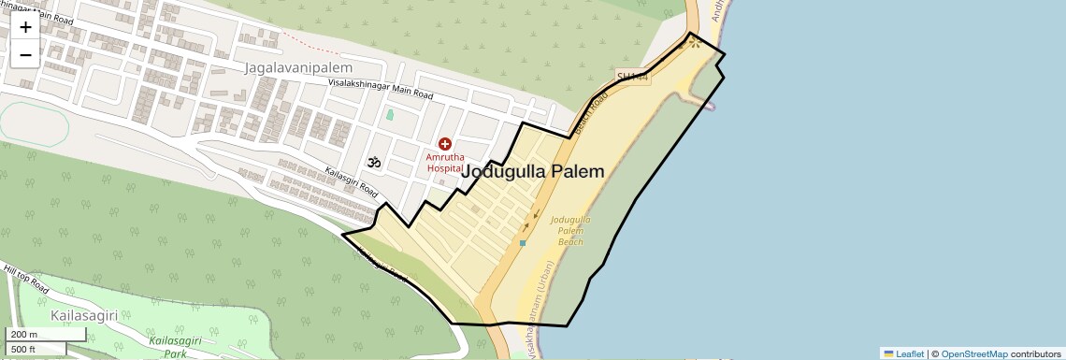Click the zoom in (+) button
pos(25,26)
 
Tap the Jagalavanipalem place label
pos(298,68)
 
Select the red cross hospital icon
pos(445,144)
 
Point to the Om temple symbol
pos(374,163)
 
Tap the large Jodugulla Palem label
pos(533,172)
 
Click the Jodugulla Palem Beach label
pos(570,230)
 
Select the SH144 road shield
pos(632,76)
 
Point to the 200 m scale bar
pos(24,335)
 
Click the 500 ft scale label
pos(24,349)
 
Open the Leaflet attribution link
pos(903,353)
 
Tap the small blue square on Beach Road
pos(523,243)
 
